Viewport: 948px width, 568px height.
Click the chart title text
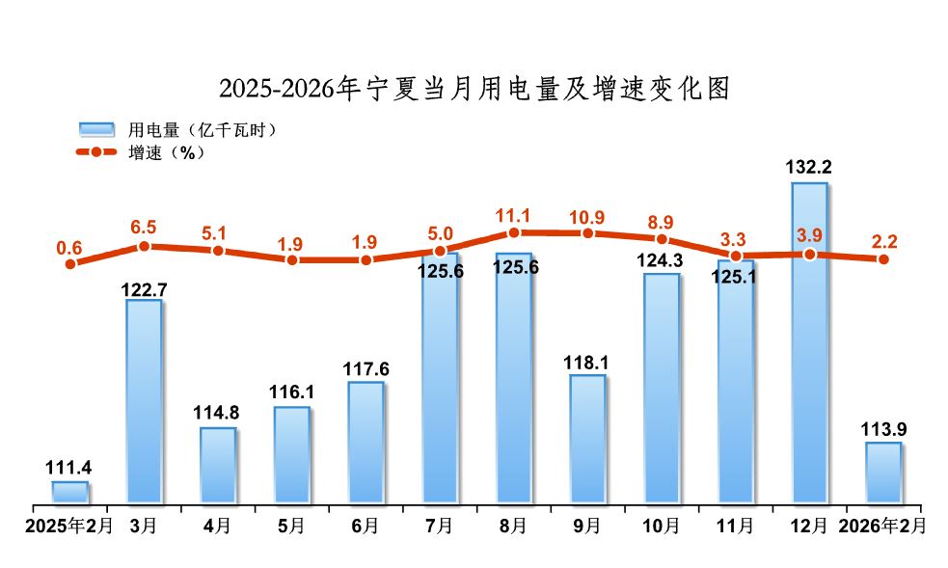474,89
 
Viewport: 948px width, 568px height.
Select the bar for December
809,342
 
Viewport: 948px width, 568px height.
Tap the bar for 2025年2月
69,492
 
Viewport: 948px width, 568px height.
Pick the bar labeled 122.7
144,401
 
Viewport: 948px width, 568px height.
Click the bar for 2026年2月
883,473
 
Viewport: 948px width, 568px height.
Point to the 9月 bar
587,439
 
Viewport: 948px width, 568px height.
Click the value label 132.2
809,167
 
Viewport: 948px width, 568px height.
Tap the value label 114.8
218,412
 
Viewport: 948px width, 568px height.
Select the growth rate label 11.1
513,212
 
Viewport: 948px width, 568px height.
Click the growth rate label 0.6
69,248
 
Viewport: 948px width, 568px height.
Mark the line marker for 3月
144,246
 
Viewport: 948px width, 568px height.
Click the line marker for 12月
810,255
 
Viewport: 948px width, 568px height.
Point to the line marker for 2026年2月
883,258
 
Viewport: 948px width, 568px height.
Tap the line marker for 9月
587,233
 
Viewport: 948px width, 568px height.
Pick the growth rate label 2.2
883,237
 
